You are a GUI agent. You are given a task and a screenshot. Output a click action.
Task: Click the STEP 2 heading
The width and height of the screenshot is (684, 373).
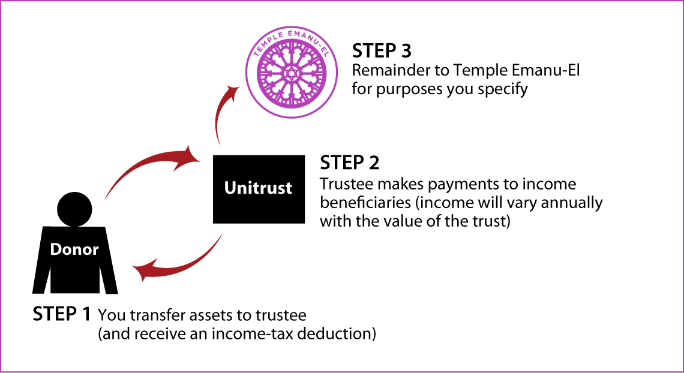[350, 163]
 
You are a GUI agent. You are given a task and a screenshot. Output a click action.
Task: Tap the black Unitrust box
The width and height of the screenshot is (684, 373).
[259, 189]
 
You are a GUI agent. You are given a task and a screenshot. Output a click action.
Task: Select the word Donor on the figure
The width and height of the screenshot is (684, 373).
[74, 249]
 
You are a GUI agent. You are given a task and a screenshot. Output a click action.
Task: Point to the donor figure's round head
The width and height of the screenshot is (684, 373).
[75, 210]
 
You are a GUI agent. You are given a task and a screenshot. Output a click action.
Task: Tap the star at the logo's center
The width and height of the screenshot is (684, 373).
[292, 73]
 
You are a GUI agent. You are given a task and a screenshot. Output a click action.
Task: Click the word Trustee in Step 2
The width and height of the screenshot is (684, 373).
[347, 184]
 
